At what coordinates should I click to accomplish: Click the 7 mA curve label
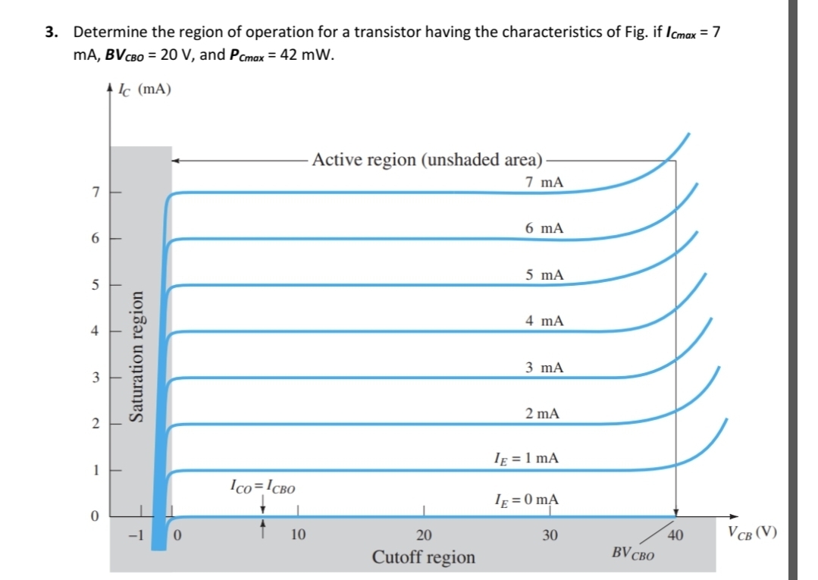[x=544, y=183]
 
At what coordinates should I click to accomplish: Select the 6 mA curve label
[x=544, y=228]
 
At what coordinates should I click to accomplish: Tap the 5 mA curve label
[x=544, y=274]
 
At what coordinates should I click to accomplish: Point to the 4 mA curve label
[x=544, y=321]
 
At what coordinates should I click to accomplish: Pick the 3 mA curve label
[x=544, y=368]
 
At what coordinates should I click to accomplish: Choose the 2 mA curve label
[x=543, y=414]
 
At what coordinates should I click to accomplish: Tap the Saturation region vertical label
[x=137, y=356]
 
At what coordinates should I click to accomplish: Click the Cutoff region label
[x=424, y=558]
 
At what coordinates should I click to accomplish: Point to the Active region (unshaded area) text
[x=428, y=160]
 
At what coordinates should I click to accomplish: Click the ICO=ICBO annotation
[x=263, y=486]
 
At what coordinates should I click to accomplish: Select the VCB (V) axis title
[x=751, y=531]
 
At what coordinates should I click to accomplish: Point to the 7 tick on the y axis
[x=96, y=193]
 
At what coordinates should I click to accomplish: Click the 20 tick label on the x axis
[x=425, y=536]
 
